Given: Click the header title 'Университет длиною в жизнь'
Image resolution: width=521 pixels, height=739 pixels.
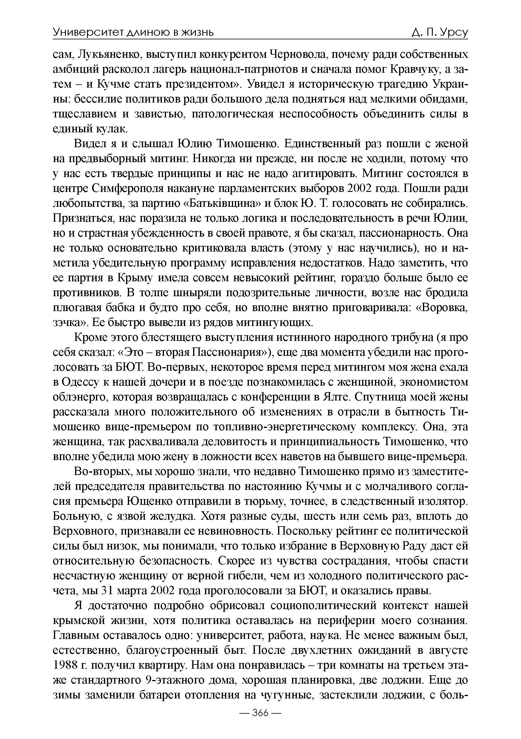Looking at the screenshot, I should coord(133,32).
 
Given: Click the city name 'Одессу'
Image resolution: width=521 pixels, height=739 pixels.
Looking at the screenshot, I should coord(81,382).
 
